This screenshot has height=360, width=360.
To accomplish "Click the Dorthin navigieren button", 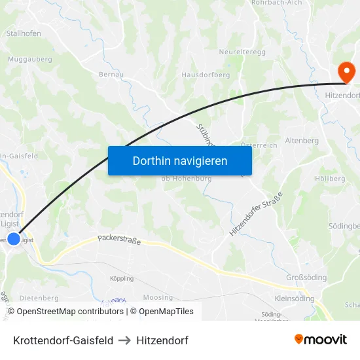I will (180, 160).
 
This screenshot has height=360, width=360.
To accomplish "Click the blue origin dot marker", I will (14, 239).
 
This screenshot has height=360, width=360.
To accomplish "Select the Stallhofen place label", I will (24, 33).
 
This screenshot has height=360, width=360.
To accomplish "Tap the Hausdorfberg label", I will (206, 75).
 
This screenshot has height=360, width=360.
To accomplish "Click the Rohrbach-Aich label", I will (278, 3).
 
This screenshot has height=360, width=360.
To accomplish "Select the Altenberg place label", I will (302, 141).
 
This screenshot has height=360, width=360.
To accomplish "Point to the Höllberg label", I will (330, 178).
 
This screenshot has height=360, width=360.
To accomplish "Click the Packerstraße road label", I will (119, 240).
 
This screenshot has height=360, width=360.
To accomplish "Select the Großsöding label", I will (306, 278).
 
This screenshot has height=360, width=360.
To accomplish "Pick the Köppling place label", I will (122, 279).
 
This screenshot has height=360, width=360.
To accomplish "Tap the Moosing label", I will (158, 298).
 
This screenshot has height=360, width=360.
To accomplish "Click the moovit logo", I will (321, 340).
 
